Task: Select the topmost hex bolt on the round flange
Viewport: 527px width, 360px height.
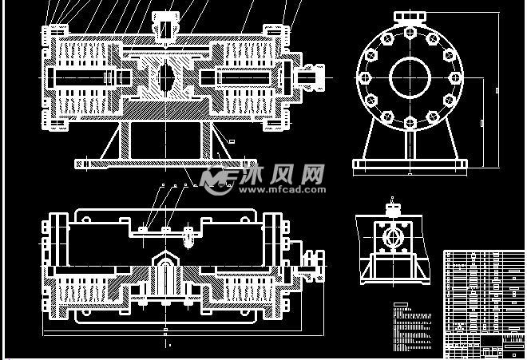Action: [410, 33]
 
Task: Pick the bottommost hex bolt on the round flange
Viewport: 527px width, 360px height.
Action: [410, 123]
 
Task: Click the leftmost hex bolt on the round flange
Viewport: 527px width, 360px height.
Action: [364, 77]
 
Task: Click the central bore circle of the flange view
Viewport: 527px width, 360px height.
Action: [410, 77]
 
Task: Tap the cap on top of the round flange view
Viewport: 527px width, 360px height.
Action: [410, 18]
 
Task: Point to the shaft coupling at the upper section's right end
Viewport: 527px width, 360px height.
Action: [311, 77]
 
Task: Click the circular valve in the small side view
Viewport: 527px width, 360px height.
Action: [392, 238]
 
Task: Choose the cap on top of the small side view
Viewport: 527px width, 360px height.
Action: [392, 209]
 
